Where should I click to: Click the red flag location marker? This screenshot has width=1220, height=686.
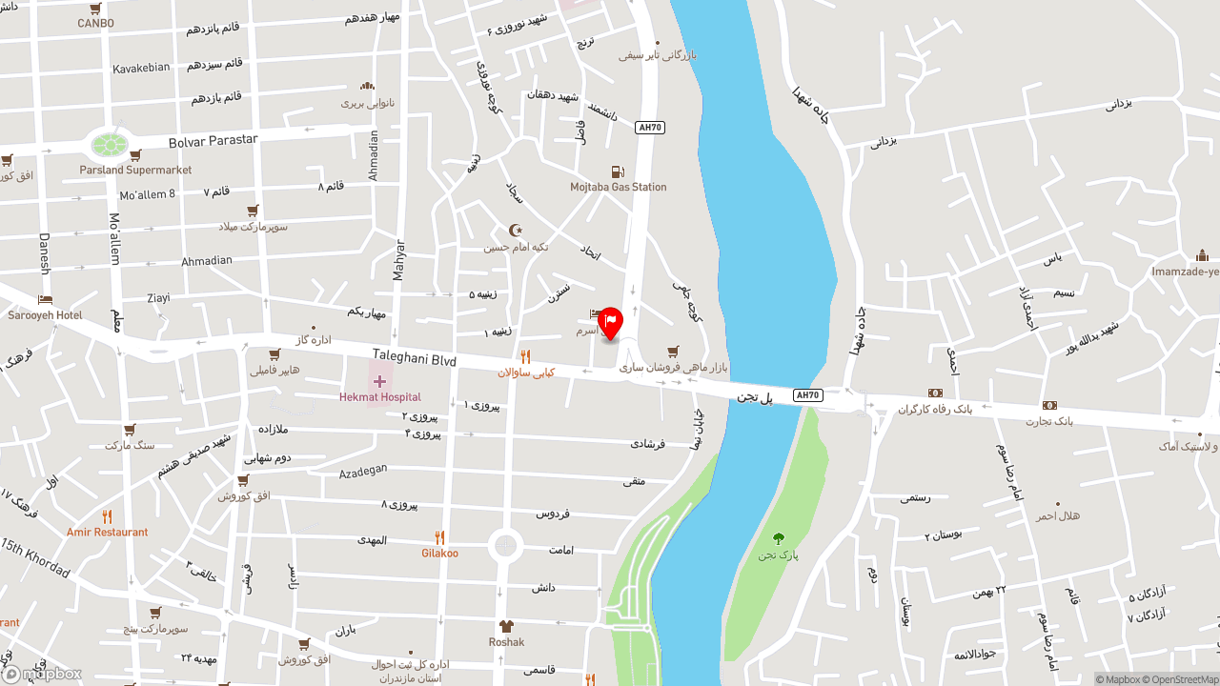click(x=610, y=321)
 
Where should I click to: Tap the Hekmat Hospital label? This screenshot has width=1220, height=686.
click(x=380, y=397)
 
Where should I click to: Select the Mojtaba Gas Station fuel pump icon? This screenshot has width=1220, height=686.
click(x=619, y=172)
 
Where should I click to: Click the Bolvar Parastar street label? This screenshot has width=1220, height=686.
click(x=213, y=140)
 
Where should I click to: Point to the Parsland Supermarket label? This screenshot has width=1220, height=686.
click(x=135, y=170)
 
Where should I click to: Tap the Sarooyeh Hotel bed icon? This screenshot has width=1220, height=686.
click(x=45, y=300)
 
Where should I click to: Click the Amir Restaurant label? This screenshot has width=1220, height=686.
click(x=108, y=533)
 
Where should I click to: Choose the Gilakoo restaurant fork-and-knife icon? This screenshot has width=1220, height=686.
click(x=439, y=537)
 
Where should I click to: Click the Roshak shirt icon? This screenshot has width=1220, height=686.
click(x=506, y=626)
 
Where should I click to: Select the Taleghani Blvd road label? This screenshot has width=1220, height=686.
click(x=414, y=358)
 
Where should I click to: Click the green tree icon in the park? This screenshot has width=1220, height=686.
click(x=779, y=538)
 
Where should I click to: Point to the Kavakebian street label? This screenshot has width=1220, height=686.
click(x=141, y=68)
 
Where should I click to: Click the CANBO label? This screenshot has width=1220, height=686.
click(x=95, y=23)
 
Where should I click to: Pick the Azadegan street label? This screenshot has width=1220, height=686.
click(x=363, y=471)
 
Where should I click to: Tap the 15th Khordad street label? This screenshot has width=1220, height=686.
click(x=35, y=558)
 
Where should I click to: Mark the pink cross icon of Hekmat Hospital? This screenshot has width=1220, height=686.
click(x=379, y=381)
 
